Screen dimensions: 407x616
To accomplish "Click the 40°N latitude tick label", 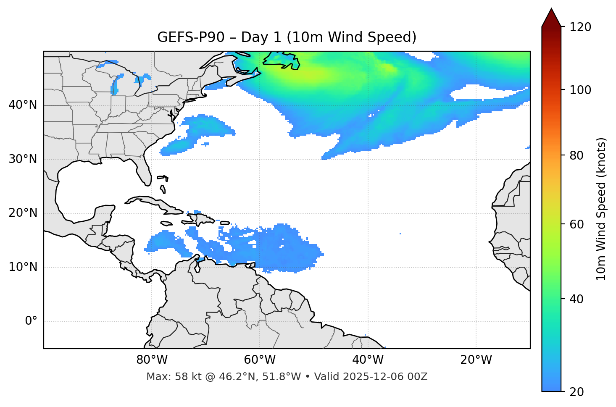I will click(23, 105).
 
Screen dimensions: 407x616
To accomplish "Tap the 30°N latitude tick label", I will click(23, 159).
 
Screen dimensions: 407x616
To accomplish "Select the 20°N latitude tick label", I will click(23, 213).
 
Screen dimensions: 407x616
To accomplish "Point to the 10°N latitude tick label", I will click(23, 267).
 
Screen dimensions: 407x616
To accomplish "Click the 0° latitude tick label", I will click(31, 321).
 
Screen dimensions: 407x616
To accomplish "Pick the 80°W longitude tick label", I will click(152, 360).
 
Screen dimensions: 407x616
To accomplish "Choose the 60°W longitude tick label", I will click(260, 360).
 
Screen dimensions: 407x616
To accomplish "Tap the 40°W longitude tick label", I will click(368, 360).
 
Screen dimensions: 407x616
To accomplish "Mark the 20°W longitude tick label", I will click(476, 360).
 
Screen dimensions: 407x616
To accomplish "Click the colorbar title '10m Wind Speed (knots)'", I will click(601, 209).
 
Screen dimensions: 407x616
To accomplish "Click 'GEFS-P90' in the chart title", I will click(185, 37).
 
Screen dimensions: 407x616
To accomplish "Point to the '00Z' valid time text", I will click(417, 377).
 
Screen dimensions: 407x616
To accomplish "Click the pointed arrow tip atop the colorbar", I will click(551, 10).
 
